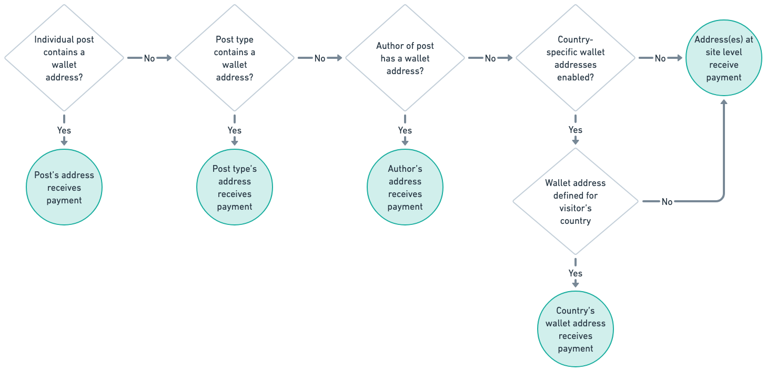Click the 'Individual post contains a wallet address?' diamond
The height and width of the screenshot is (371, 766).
point(64,58)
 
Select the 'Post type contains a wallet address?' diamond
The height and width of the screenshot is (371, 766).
point(235,58)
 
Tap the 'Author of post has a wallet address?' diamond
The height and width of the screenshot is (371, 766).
point(405,58)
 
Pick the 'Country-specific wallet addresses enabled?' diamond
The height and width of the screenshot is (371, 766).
point(576,58)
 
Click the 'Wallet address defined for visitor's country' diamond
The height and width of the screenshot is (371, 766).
point(576,202)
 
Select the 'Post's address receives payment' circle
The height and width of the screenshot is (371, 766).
point(64,188)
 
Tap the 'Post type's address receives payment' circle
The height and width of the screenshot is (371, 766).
point(235,188)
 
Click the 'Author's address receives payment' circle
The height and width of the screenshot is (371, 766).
point(405,188)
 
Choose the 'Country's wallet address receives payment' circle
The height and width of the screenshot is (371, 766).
point(576,329)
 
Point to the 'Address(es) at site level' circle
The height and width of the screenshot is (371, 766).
point(724,58)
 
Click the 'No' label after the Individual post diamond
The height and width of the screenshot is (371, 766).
point(149,58)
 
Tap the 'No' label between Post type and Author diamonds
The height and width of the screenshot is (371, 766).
point(320,58)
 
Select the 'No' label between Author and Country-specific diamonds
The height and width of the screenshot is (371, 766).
point(490,58)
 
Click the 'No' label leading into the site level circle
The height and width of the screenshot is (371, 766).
point(660,58)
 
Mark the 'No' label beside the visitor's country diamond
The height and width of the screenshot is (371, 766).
point(667,202)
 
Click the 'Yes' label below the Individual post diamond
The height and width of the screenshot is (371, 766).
point(64,130)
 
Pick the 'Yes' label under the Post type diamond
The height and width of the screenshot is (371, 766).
point(235,130)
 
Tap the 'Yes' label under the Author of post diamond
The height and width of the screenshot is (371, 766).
point(405,130)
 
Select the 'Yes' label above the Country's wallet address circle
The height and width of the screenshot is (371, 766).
point(576,274)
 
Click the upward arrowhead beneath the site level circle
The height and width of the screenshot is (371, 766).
point(724,102)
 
